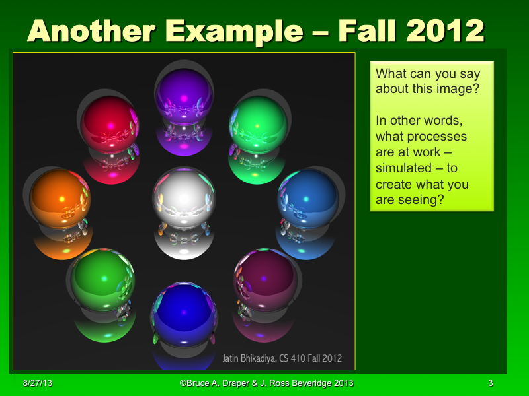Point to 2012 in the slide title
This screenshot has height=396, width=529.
coord(446,30)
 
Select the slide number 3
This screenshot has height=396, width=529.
coord(491,383)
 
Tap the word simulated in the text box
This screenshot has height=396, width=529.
coord(403,168)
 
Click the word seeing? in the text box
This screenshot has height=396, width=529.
coord(421,200)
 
